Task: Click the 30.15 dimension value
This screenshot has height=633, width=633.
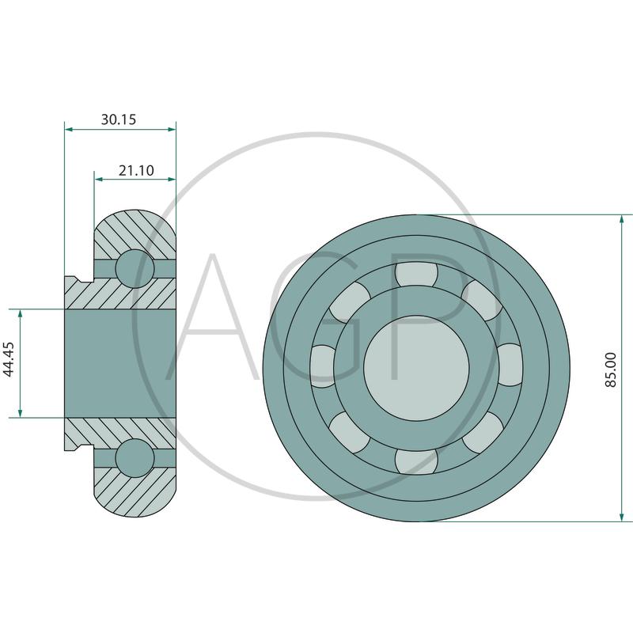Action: (x=118, y=119)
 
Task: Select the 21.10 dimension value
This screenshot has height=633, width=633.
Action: (x=136, y=170)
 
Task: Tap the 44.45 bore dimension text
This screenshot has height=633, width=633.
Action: (x=9, y=359)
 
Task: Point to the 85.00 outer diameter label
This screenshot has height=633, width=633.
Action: (x=611, y=370)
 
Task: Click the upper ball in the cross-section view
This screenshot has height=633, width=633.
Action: (x=135, y=268)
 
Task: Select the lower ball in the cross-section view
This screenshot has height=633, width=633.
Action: (x=135, y=458)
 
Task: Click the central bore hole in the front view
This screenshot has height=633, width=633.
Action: (x=416, y=368)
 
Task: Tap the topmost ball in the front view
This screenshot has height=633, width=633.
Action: (x=416, y=275)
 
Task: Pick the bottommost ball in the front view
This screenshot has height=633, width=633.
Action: (x=416, y=461)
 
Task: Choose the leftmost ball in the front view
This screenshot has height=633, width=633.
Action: (x=323, y=366)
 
